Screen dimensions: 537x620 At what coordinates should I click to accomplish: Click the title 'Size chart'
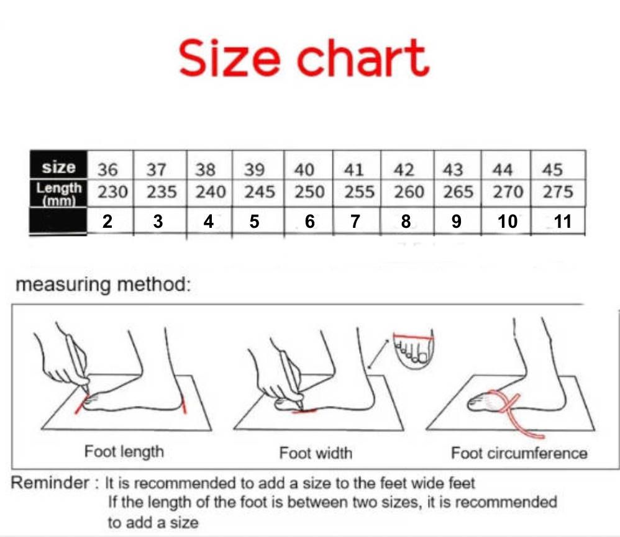point(304,57)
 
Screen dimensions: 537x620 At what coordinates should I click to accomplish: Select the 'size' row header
point(58,168)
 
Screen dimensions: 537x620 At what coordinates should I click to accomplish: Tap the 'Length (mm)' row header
point(58,192)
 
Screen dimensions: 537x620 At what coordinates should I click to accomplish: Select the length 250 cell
point(309,192)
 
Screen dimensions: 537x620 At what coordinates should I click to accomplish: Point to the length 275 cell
point(557,192)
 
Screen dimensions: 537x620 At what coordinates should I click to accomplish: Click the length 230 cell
point(112,192)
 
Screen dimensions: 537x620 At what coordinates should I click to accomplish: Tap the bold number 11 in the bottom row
point(562,221)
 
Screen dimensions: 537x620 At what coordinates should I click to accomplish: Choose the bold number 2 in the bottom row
point(107,221)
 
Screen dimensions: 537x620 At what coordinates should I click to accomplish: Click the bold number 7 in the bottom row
point(355,221)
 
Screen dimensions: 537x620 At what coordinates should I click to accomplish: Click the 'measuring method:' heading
point(101,285)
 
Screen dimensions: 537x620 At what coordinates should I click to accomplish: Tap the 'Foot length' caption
point(124,451)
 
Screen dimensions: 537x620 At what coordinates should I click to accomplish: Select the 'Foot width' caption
point(316,453)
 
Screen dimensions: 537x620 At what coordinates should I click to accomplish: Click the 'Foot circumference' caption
point(519,453)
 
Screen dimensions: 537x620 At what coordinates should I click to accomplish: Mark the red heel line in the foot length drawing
point(185,405)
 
